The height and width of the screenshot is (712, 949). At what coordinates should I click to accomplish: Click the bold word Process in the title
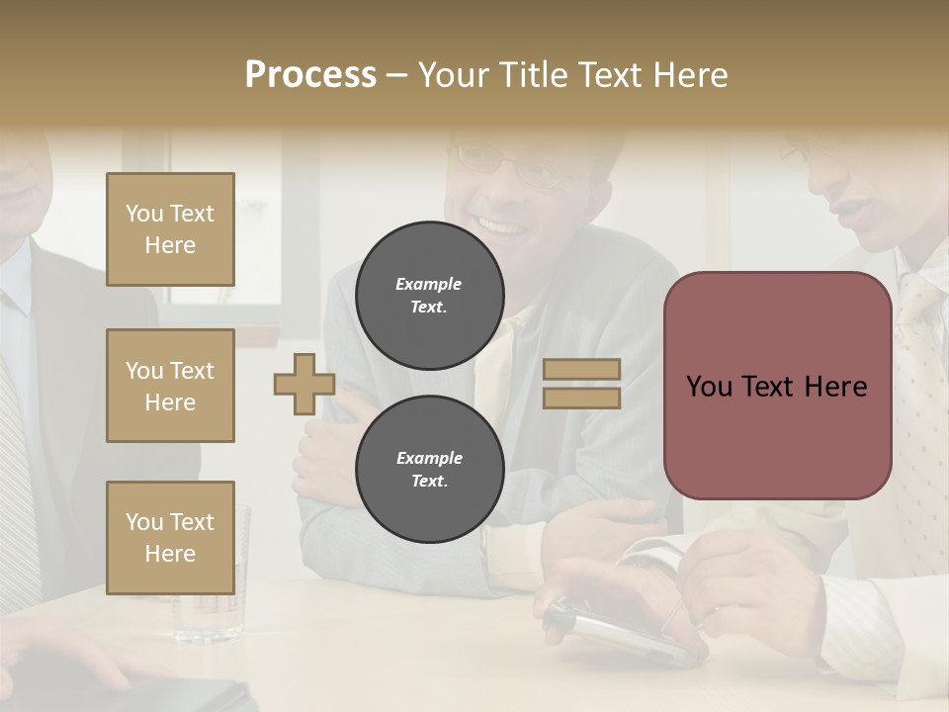coord(310,75)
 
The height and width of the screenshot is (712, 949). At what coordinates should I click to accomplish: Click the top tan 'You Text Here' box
coord(170,229)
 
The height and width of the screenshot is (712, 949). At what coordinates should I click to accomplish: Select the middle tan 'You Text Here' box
coord(170,386)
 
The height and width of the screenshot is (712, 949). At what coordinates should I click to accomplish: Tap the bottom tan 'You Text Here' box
coord(170,538)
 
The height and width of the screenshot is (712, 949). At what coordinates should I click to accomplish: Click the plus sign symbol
coord(304,384)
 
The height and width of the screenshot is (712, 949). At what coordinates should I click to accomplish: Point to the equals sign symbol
coord(582,384)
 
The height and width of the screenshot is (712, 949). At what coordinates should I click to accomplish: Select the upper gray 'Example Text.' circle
coord(429,296)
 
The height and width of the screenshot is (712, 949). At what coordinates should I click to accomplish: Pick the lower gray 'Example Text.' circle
coord(429,470)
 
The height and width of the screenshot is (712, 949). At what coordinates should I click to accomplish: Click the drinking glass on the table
coord(211,583)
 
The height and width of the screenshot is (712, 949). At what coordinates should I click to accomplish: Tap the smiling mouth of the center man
coord(501,227)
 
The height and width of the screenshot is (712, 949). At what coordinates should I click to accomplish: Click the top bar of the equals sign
coord(582,370)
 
